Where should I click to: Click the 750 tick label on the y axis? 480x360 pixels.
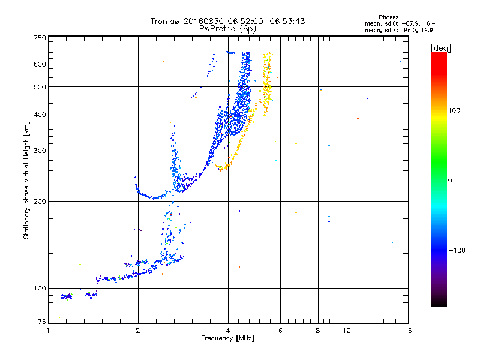tap(40, 37)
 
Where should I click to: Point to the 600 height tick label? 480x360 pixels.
tap(40, 64)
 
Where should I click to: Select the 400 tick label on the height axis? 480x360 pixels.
tap(40, 115)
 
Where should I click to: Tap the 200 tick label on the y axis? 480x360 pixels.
tap(40, 202)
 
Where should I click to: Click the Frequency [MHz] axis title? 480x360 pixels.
tap(227, 338)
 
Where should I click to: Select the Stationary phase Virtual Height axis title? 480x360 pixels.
tap(26, 180)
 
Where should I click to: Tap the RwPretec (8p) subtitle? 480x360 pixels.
tap(227, 28)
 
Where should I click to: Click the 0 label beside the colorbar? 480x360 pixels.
tap(450, 180)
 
